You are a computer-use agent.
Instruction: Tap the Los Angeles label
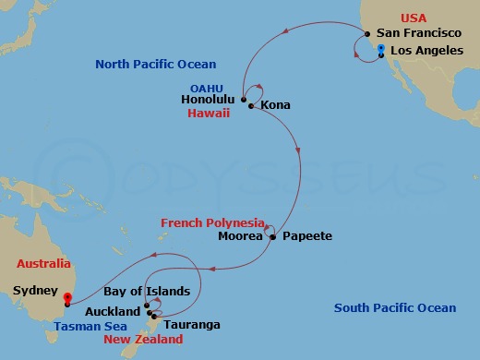coord(426,51)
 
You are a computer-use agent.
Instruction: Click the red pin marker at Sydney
coord(67,298)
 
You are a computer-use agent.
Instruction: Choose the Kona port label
coord(275,105)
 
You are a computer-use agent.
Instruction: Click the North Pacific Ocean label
coord(156,64)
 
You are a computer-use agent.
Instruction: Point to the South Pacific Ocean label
coord(395,308)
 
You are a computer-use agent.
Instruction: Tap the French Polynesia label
coord(210,223)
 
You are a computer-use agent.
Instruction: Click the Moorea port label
coord(239,236)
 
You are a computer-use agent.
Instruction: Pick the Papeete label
coord(306,236)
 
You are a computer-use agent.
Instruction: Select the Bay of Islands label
coord(151,292)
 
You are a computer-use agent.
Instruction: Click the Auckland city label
coord(115,311)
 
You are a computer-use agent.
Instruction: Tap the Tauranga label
coord(192,324)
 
